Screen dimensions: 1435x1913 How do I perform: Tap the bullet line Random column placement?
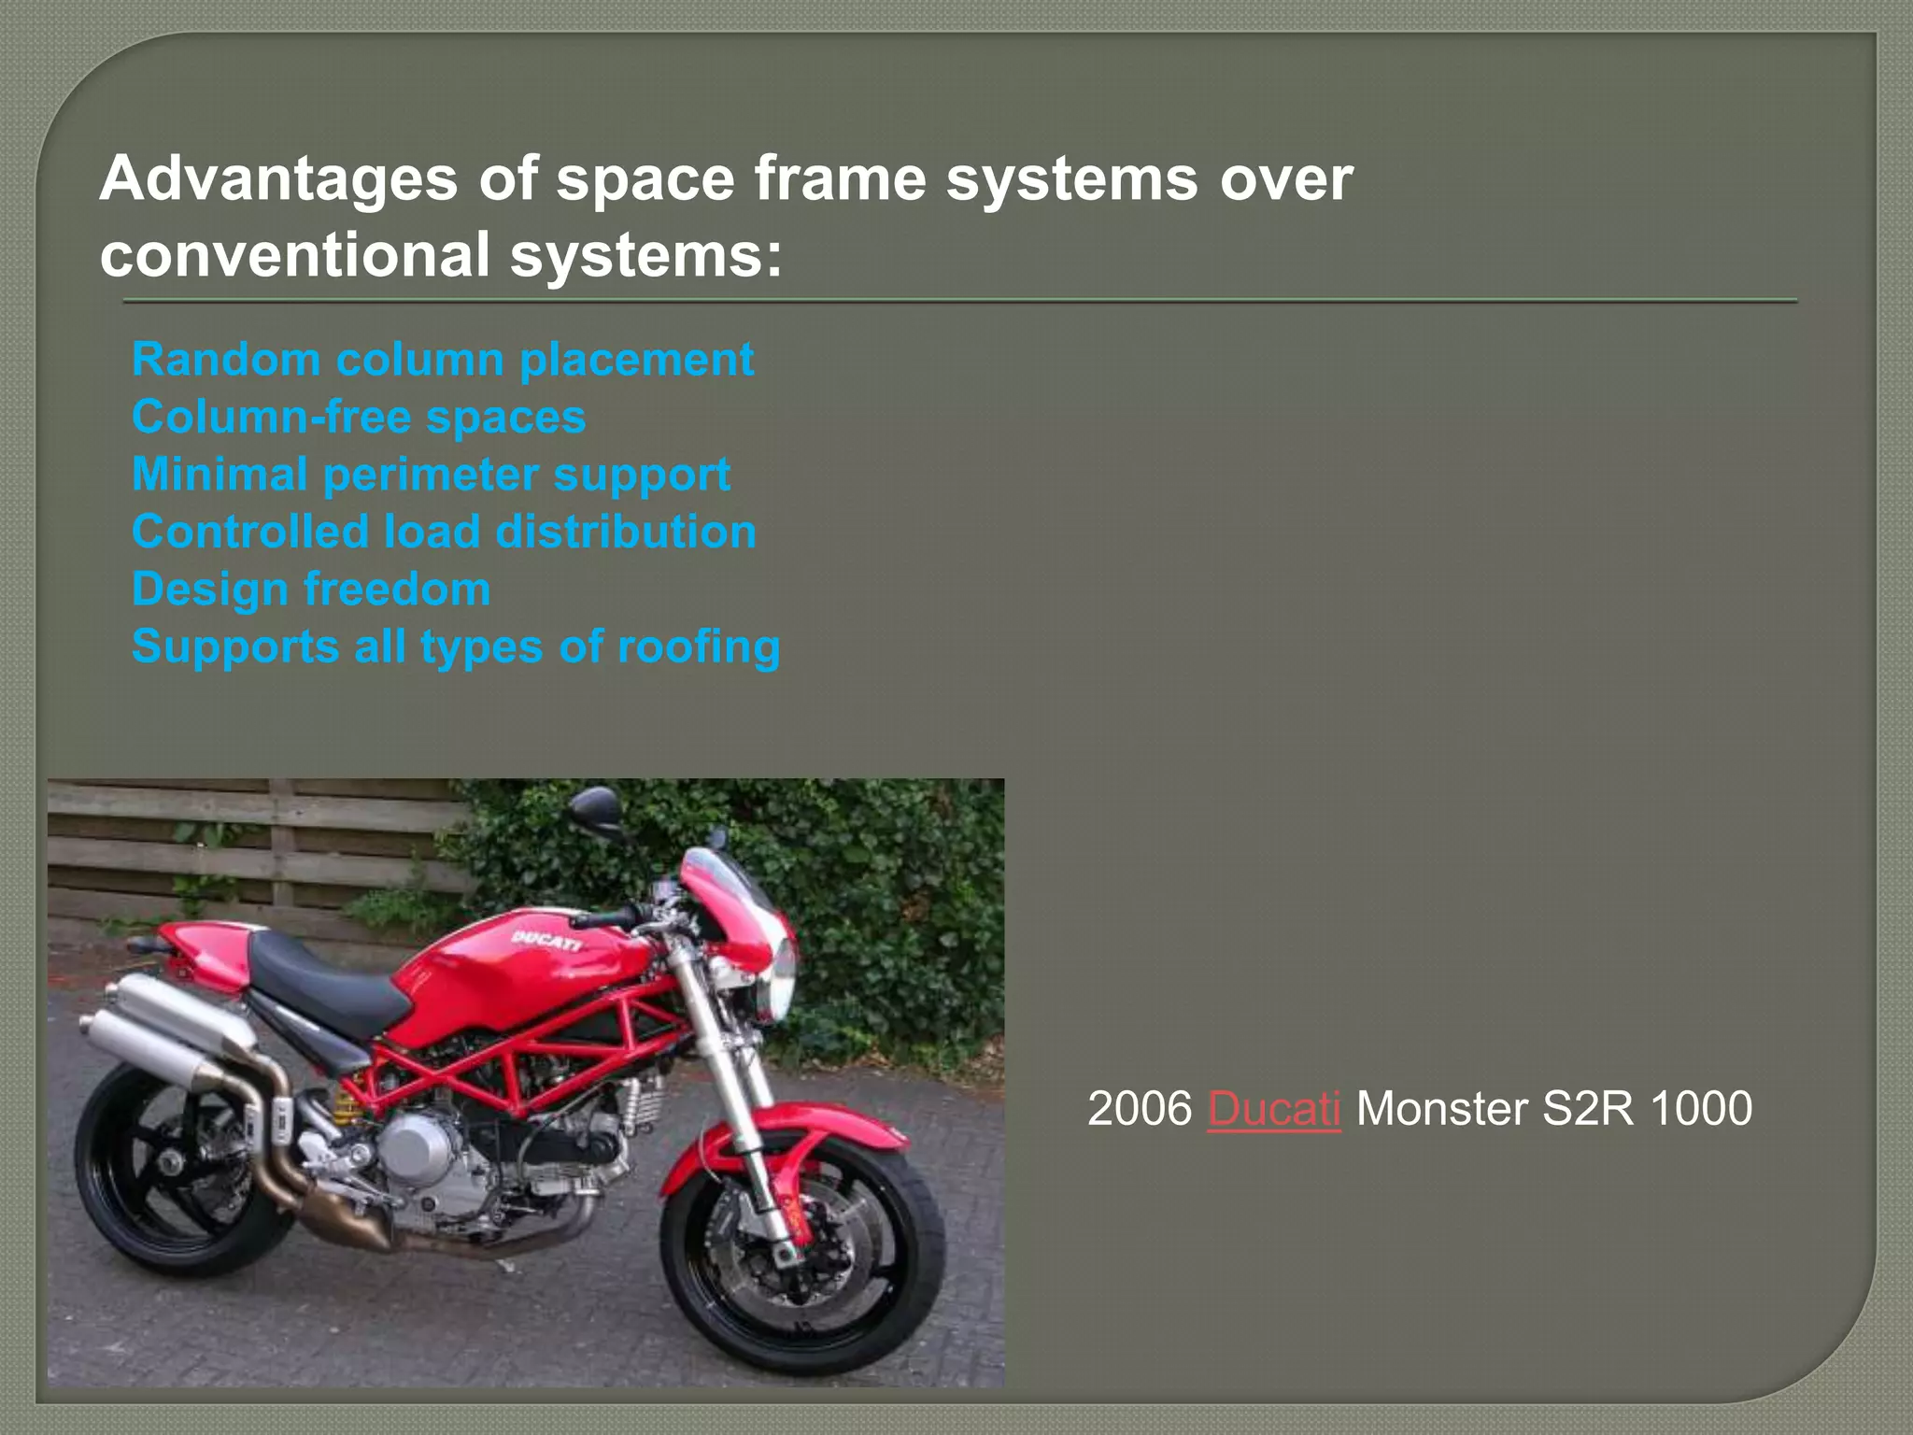click(x=443, y=360)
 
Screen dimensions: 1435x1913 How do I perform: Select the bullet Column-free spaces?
click(x=359, y=417)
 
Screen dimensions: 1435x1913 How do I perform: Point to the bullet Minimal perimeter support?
click(x=431, y=475)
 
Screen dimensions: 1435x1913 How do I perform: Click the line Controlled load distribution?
click(x=444, y=532)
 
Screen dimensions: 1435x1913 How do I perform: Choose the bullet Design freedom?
click(x=311, y=590)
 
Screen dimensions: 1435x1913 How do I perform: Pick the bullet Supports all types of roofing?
click(x=456, y=646)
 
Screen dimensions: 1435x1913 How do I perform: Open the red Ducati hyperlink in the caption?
click(x=1274, y=1109)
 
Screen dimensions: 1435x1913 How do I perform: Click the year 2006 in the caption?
click(x=1140, y=1109)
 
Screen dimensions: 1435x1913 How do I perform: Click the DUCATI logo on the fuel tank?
click(x=546, y=940)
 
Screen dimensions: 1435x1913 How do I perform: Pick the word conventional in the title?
click(x=295, y=254)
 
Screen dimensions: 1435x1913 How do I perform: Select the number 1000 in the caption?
click(x=1700, y=1109)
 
